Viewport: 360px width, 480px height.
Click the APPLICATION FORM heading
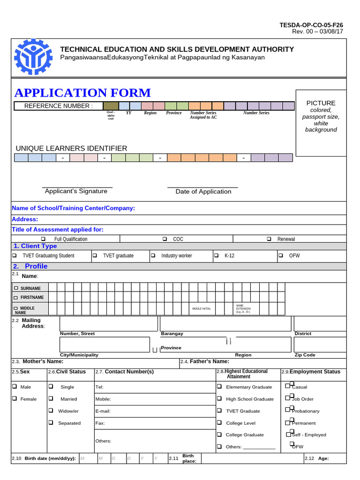82,93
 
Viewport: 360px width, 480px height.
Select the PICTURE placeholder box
321,122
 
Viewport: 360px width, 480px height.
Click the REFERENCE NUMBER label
59,106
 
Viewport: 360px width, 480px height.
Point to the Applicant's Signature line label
76,191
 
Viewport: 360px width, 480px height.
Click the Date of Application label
203,192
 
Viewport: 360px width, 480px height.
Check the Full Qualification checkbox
43,239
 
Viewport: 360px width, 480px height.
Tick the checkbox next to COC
165,239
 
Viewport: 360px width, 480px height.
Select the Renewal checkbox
269,239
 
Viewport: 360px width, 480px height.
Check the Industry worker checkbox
153,255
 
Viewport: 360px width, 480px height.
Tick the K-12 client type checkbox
216,255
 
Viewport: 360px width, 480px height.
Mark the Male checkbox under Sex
15,387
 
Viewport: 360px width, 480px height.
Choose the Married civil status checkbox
51,399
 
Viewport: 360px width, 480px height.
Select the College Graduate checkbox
219,435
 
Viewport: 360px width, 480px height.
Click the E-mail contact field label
103,411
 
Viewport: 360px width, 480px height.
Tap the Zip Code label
305,355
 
